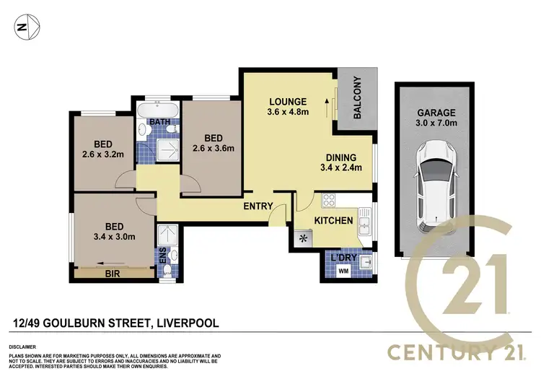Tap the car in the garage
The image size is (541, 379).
click(x=435, y=183)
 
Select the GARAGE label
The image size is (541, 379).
click(x=435, y=113)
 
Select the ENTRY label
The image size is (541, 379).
click(x=258, y=206)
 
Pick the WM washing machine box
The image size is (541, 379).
click(x=344, y=271)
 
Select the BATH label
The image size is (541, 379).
click(x=160, y=122)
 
